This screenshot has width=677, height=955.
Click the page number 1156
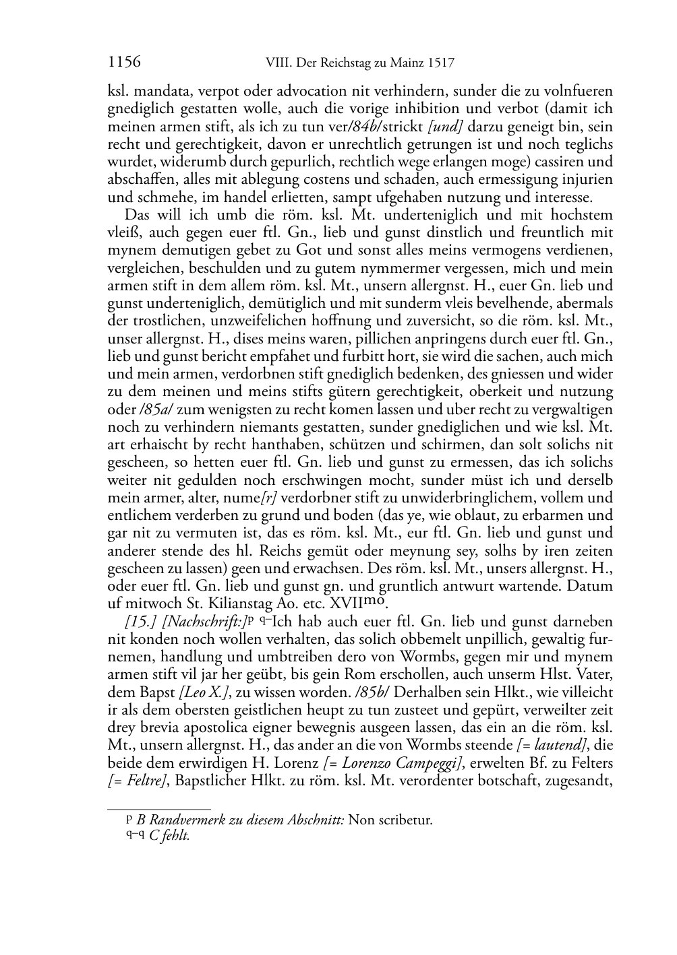[x=124, y=63]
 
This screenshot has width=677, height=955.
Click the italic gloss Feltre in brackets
[x=133, y=781]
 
